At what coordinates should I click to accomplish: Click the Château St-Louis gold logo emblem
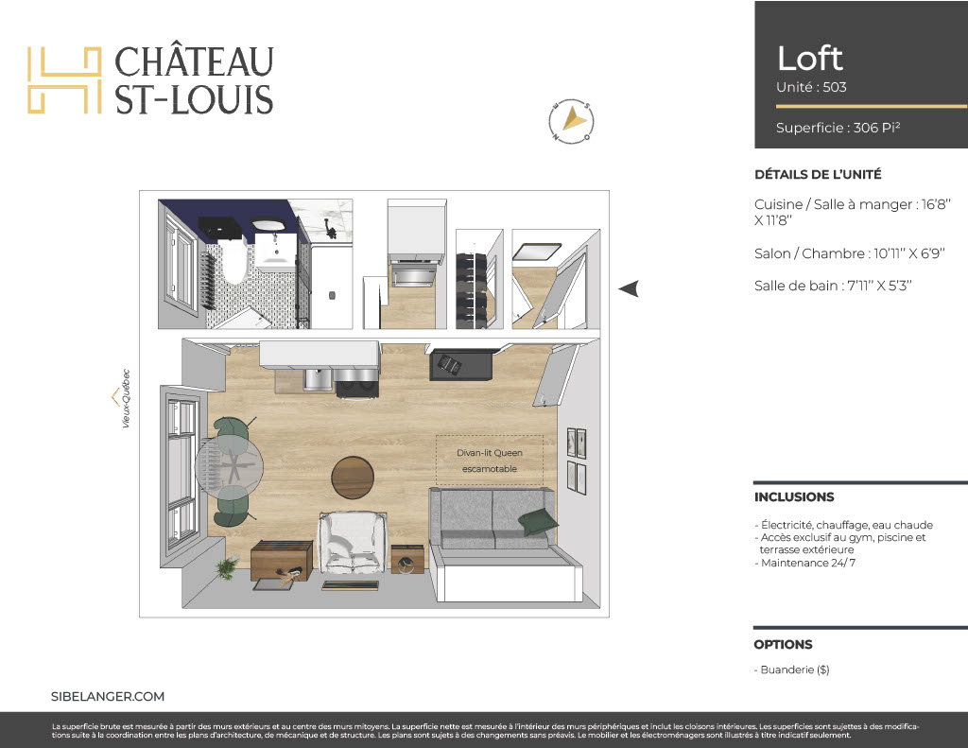pyautogui.click(x=64, y=80)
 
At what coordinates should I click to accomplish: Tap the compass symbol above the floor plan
pyautogui.click(x=571, y=120)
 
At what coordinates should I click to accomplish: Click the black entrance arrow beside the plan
pyautogui.click(x=629, y=288)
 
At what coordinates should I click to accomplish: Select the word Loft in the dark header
pyautogui.click(x=809, y=59)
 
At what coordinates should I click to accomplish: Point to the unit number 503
pyautogui.click(x=835, y=87)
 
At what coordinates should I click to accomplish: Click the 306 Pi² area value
pyautogui.click(x=876, y=128)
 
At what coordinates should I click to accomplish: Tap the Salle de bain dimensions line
pyautogui.click(x=833, y=286)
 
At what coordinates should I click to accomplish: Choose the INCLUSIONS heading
pyautogui.click(x=794, y=496)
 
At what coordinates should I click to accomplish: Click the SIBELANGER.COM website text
pyautogui.click(x=108, y=696)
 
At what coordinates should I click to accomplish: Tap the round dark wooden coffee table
pyautogui.click(x=353, y=478)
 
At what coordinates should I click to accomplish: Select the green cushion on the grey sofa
pyautogui.click(x=537, y=522)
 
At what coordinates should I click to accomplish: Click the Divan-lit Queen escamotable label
pyautogui.click(x=490, y=461)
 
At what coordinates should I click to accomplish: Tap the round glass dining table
pyautogui.click(x=230, y=464)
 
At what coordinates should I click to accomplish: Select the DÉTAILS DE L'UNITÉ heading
pyautogui.click(x=818, y=175)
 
